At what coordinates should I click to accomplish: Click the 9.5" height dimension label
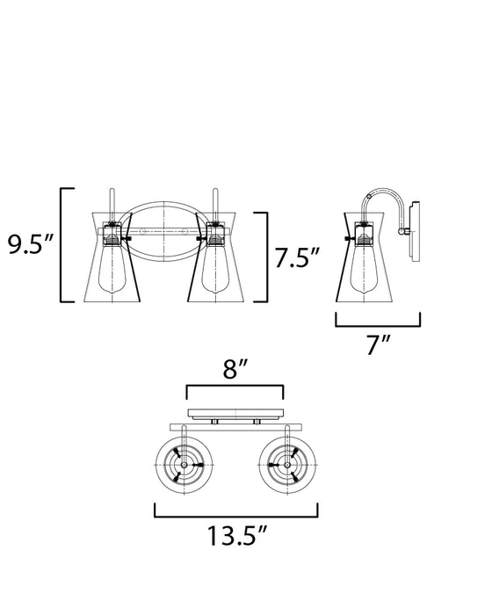click(32, 244)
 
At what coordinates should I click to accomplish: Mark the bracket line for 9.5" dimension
click(61, 244)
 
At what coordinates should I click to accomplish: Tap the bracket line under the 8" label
click(234, 387)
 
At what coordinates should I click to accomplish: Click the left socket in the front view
click(112, 235)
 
